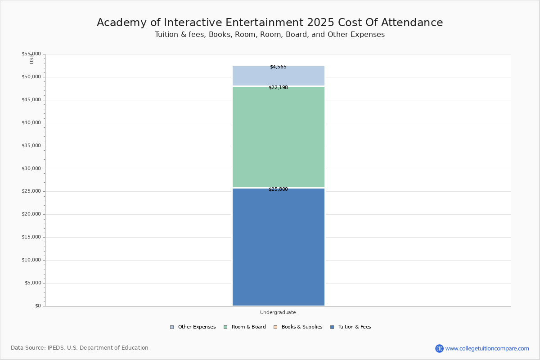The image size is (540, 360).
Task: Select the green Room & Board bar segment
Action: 278,137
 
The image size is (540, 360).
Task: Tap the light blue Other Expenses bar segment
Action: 278,76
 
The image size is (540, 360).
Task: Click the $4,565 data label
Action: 278,67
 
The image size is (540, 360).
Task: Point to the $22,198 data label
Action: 278,88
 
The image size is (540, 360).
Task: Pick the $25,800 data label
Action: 278,189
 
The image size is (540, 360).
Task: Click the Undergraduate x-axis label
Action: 278,312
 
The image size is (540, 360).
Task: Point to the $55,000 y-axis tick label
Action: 31,54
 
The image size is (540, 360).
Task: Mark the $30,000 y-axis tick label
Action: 31,169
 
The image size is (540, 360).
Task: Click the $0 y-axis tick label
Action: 37,306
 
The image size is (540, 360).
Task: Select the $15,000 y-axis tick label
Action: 31,237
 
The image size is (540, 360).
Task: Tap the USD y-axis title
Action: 31,59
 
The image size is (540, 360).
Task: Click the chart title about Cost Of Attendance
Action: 270,23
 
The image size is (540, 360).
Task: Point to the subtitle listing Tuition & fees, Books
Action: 270,35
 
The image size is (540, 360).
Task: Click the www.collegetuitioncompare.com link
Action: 487,348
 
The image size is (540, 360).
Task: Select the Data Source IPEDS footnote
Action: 80,348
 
